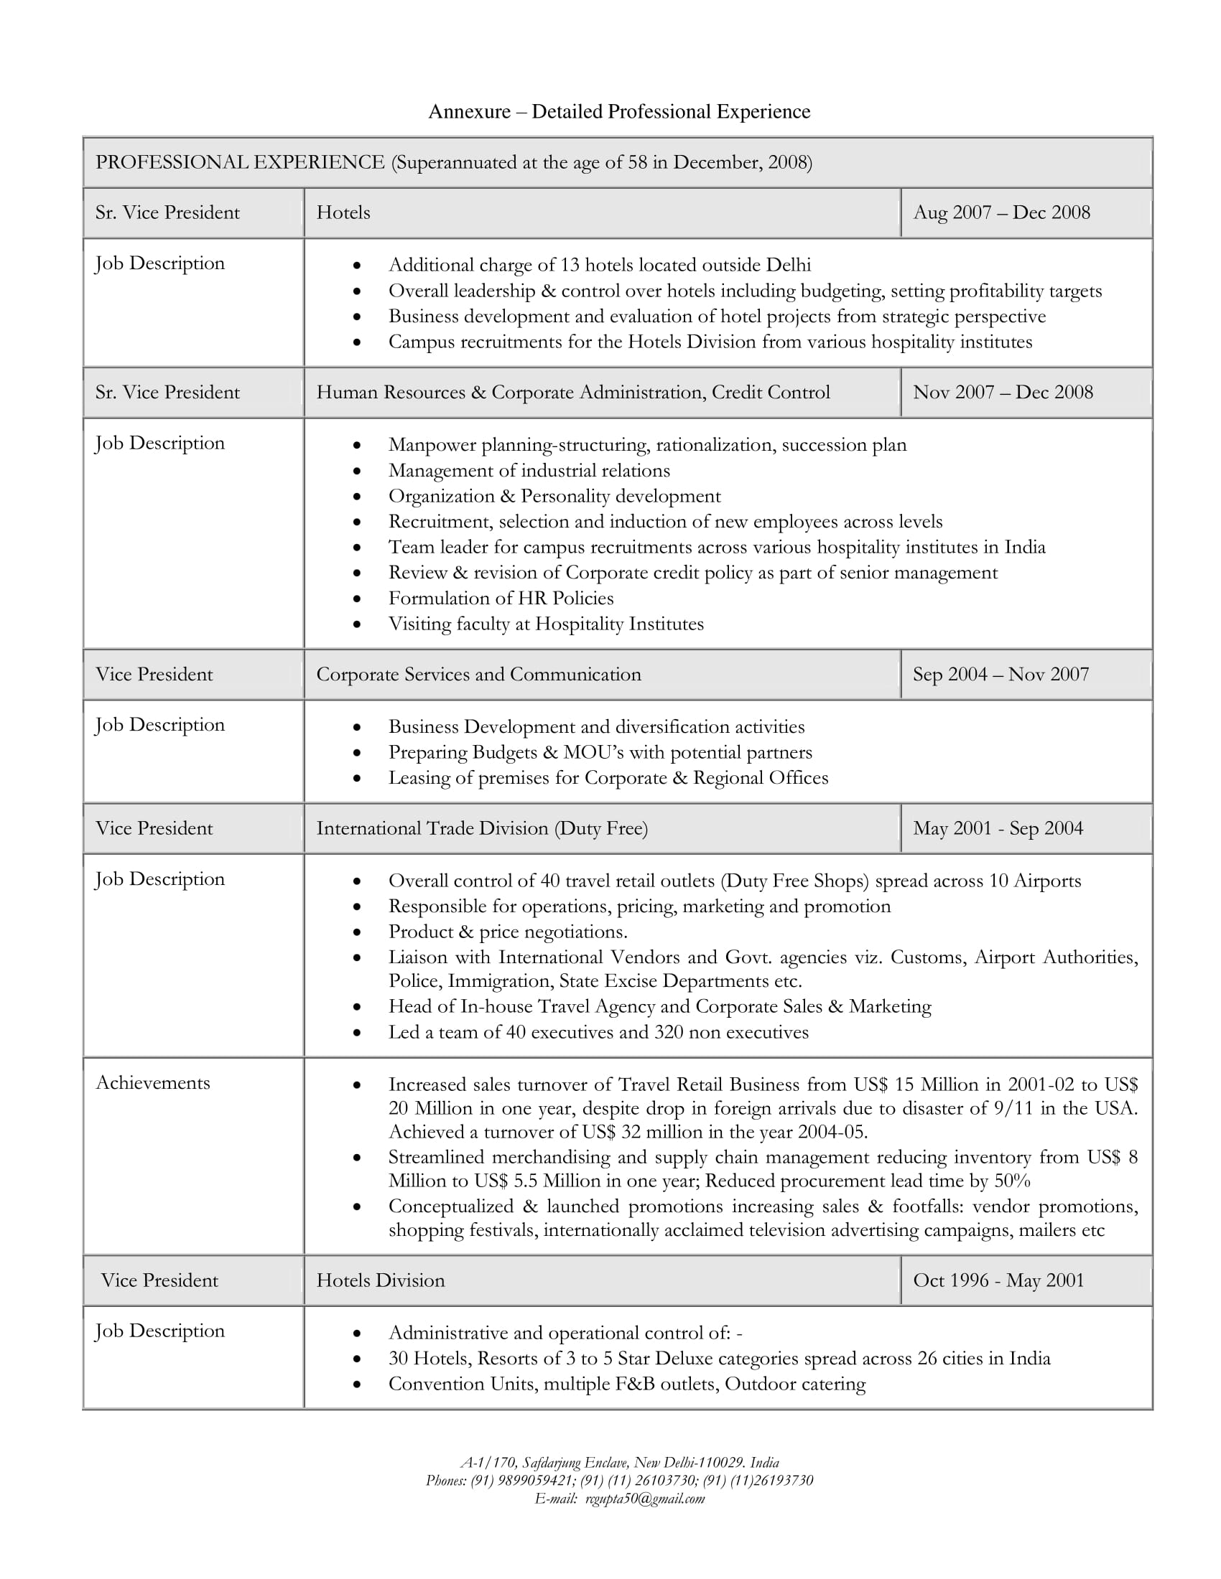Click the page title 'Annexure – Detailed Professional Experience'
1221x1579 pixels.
click(619, 111)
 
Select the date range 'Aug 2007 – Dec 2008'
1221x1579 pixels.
click(1001, 212)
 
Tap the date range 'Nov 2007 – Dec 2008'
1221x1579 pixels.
click(1003, 393)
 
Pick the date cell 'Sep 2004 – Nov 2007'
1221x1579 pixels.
click(1001, 675)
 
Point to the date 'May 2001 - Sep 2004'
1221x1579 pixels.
click(998, 828)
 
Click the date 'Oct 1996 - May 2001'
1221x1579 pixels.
click(998, 1280)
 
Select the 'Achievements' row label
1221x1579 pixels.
click(152, 1083)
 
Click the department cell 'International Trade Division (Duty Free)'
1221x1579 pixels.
click(482, 828)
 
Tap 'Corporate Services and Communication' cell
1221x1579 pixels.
click(478, 675)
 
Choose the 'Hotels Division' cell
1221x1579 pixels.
click(381, 1280)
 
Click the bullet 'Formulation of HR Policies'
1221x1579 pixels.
click(501, 599)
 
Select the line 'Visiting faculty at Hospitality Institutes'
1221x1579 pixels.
click(545, 624)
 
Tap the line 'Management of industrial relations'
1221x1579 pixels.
click(529, 471)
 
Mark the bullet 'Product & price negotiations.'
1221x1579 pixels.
click(507, 932)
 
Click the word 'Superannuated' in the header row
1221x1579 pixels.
click(455, 163)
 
